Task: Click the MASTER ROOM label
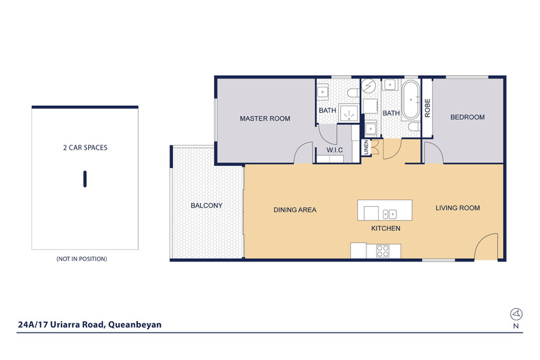[265, 118]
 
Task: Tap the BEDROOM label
[468, 117]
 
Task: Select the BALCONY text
[206, 206]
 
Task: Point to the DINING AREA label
[295, 210]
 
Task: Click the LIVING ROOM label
[457, 208]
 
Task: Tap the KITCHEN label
[386, 228]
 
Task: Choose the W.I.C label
[334, 150]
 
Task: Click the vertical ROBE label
[427, 108]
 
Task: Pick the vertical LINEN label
[366, 148]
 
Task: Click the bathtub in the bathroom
[411, 100]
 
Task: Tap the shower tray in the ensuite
[349, 113]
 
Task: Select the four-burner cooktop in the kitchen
[383, 251]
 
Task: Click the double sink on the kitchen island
[390, 214]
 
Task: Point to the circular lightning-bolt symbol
[368, 85]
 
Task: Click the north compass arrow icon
[516, 314]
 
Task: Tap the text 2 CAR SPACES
[85, 148]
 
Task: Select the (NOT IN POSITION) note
[81, 259]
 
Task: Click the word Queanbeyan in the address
[135, 324]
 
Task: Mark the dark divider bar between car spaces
[85, 179]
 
